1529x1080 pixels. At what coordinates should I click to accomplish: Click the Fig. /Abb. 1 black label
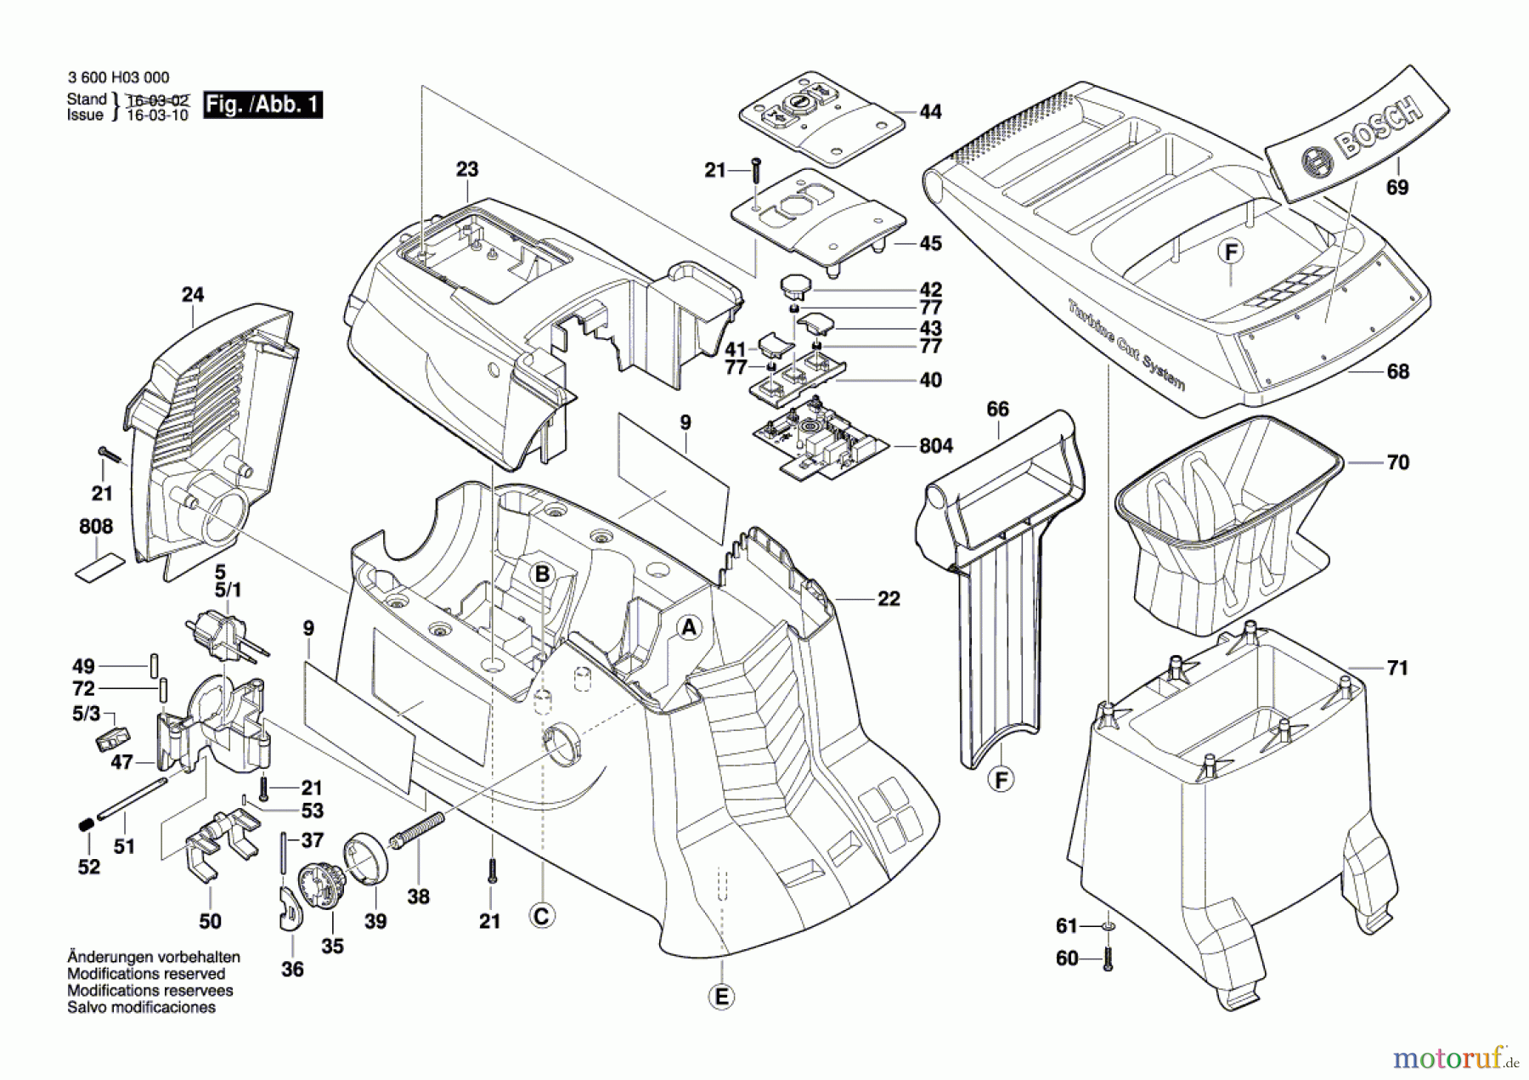(262, 105)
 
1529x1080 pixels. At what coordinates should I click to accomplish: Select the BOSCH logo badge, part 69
(1357, 134)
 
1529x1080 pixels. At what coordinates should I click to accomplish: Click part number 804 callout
(935, 446)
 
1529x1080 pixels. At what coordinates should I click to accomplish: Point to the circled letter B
(542, 575)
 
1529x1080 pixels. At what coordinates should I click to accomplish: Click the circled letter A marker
(689, 628)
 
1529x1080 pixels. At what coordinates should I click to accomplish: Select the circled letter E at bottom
(721, 996)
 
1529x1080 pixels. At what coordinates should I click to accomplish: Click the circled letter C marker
(541, 916)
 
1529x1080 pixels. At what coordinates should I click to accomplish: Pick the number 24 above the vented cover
(193, 295)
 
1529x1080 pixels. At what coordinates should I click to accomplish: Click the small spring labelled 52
(85, 824)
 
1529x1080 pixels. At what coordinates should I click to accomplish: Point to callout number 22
(889, 599)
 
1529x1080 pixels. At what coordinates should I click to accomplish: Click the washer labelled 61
(1108, 925)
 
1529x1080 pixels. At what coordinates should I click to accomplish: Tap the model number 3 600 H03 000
(118, 77)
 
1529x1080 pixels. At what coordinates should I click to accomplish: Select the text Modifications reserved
(146, 974)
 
